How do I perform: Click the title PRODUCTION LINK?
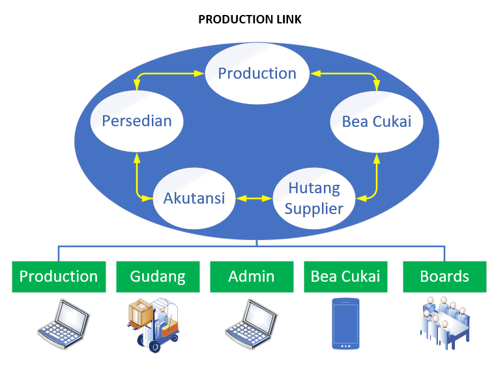click(x=250, y=20)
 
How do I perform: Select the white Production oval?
click(x=257, y=74)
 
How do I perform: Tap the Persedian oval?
click(x=137, y=121)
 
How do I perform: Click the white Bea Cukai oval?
click(x=377, y=122)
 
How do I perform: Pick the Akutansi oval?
click(x=194, y=198)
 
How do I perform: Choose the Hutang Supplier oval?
click(x=314, y=198)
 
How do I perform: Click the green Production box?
click(x=59, y=277)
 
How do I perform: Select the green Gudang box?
click(x=158, y=277)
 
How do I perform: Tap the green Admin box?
click(x=252, y=277)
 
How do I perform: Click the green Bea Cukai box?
click(x=345, y=277)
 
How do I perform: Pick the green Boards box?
click(x=444, y=277)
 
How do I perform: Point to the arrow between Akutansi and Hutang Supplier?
click(x=254, y=198)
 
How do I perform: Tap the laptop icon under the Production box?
click(x=64, y=324)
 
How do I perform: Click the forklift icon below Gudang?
click(x=153, y=325)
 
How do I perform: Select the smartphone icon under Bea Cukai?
click(x=345, y=324)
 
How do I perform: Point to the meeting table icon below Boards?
click(x=444, y=323)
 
